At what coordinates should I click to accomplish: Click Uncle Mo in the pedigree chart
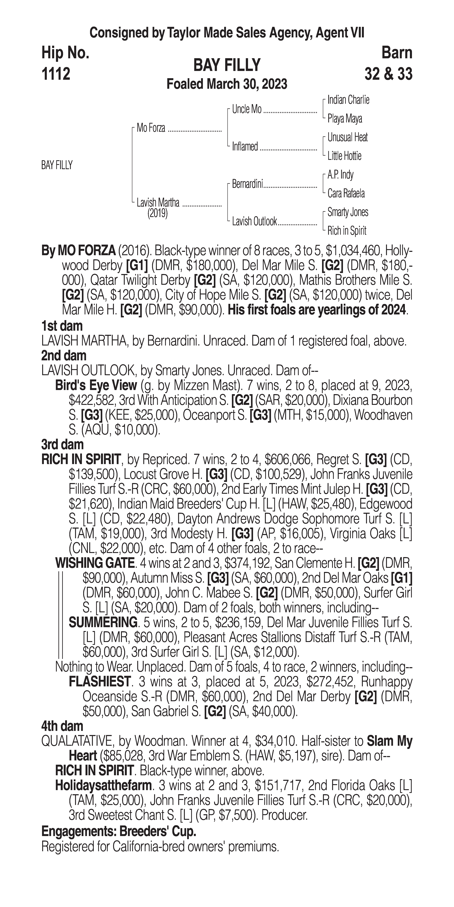pos(247,110)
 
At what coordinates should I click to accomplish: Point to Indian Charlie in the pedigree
pos(348,100)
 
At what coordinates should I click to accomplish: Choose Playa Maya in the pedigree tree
pos(344,119)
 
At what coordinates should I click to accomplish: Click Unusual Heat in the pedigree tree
pos(347,137)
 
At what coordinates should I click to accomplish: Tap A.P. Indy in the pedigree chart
pos(340,175)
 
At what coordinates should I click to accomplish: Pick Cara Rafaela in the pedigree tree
pos(346,193)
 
